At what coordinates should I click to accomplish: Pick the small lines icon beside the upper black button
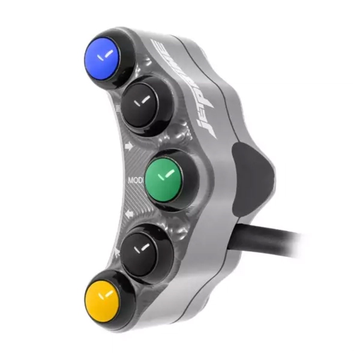click(118, 107)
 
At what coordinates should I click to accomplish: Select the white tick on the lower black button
click(144, 247)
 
